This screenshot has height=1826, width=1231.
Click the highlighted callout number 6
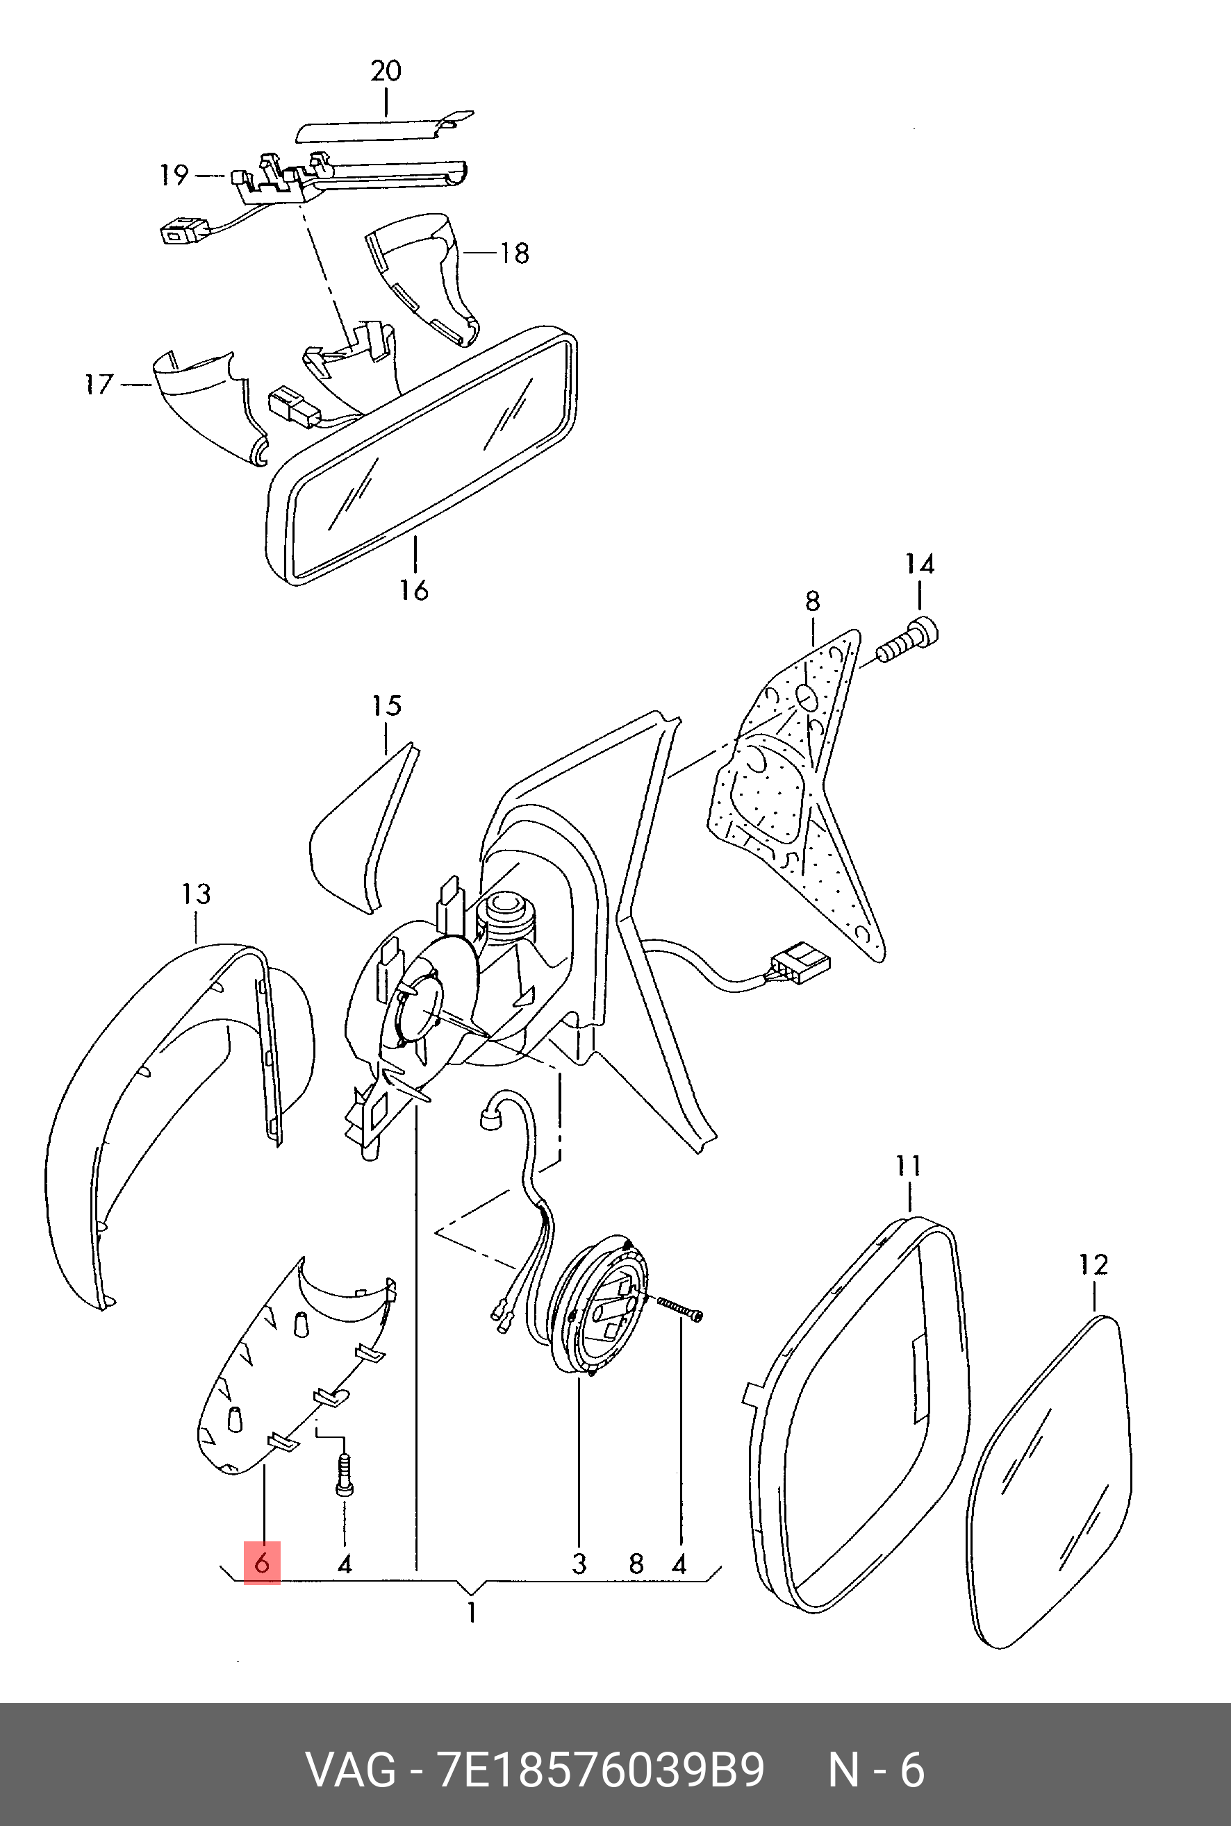tap(262, 1562)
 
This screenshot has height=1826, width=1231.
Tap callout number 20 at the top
tap(386, 72)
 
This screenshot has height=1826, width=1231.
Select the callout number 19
tap(174, 175)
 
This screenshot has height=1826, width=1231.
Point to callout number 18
tap(514, 253)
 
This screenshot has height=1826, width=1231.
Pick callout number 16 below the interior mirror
tap(414, 590)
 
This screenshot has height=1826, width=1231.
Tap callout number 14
tap(919, 564)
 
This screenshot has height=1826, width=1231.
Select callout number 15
tap(386, 705)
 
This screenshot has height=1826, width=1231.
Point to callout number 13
tap(197, 894)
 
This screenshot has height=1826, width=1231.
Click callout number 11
tap(909, 1167)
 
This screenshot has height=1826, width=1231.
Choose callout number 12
tap(1093, 1266)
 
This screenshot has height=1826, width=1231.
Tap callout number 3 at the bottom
tap(579, 1564)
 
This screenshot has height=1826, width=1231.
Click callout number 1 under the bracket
tap(471, 1614)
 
